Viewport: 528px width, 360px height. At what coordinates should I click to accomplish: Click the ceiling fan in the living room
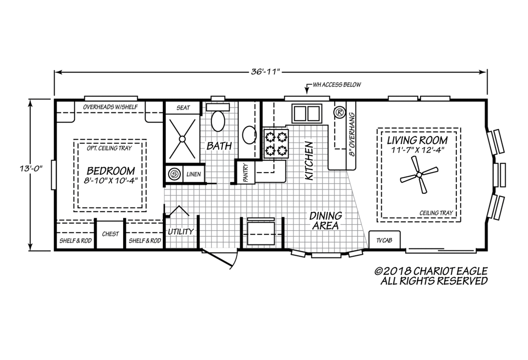click(x=419, y=175)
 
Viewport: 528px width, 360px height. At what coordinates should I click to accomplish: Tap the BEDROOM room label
click(x=111, y=171)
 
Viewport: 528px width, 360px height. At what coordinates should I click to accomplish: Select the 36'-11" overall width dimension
click(x=265, y=72)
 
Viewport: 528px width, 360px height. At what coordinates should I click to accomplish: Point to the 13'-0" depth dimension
click(x=31, y=169)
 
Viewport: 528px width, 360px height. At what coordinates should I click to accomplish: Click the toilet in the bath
click(x=218, y=118)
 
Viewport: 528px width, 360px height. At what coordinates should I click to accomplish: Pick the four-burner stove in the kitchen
click(x=276, y=144)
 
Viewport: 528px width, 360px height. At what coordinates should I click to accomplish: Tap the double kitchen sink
click(x=307, y=114)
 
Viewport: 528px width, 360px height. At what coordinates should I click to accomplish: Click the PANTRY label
click(x=246, y=173)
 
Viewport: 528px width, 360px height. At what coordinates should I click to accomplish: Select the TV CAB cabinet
click(x=385, y=240)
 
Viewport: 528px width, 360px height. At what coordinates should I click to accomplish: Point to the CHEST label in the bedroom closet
click(x=110, y=234)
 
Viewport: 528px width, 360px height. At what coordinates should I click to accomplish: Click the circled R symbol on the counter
click(x=339, y=113)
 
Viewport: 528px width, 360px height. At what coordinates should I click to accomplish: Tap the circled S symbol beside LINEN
click(x=174, y=174)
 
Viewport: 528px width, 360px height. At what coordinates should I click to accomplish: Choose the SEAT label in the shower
click(x=183, y=108)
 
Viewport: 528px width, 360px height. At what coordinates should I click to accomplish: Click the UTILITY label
click(x=181, y=232)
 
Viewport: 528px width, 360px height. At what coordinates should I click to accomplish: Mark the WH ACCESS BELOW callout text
click(x=337, y=84)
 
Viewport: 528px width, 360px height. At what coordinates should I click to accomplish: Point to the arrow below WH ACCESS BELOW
click(x=307, y=89)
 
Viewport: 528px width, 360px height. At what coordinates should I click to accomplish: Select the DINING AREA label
click(x=326, y=220)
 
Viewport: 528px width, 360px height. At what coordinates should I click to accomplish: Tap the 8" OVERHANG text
click(x=352, y=134)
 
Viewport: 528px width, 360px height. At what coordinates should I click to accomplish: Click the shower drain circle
click(x=182, y=139)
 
